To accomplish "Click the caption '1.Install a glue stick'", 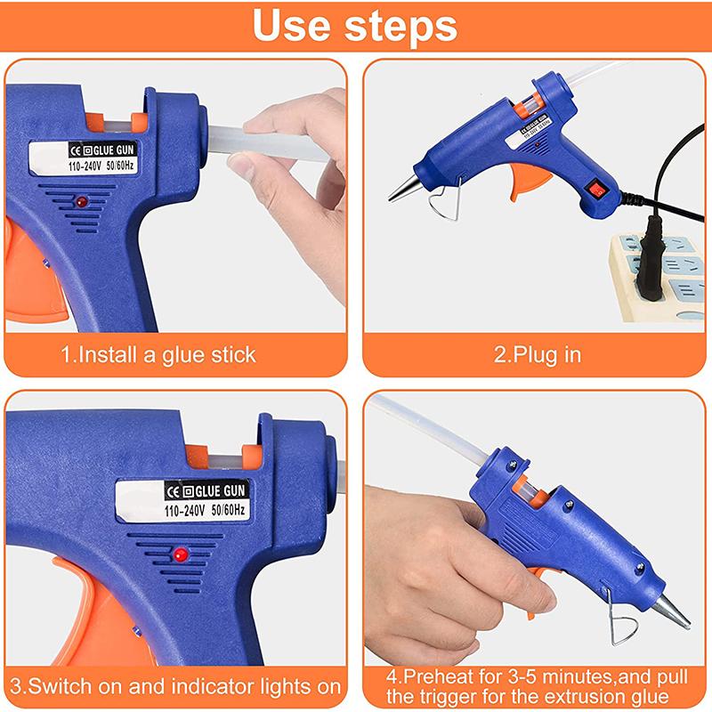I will click(158, 354).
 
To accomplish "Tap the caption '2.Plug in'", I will click(537, 354).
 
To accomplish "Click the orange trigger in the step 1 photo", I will click(22, 267).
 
